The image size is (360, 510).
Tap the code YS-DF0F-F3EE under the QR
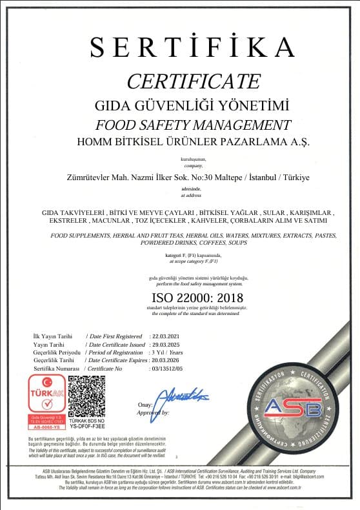pyautogui.click(x=86, y=426)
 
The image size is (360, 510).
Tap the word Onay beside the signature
pyautogui.click(x=144, y=405)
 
